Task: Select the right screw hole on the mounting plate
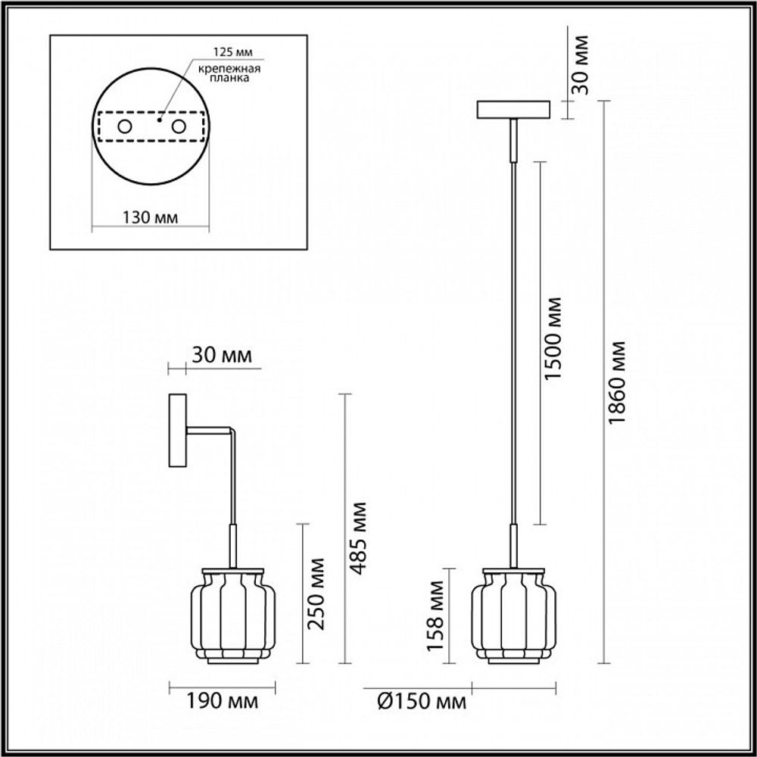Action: [179, 126]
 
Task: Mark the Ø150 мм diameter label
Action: [421, 702]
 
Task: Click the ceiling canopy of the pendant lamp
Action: [514, 111]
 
